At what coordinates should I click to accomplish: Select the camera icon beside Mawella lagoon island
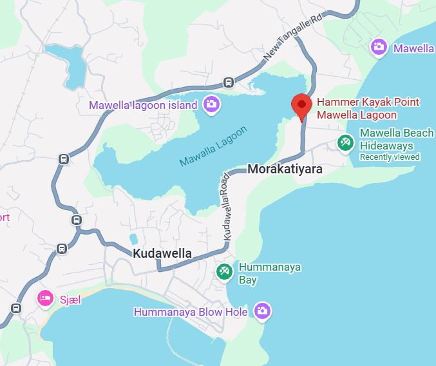[x=211, y=103]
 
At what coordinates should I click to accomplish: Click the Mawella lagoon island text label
[x=143, y=105]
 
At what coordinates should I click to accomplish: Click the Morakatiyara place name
[x=285, y=169]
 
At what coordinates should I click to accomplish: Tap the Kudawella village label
[x=162, y=253]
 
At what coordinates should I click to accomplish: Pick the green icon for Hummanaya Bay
[x=224, y=272]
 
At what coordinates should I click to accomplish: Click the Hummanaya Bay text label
[x=260, y=273]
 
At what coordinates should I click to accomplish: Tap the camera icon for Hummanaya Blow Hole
[x=261, y=311]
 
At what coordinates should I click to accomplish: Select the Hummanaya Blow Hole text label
[x=191, y=313]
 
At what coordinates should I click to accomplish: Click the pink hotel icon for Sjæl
[x=45, y=298]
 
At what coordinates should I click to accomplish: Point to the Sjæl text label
[x=70, y=299]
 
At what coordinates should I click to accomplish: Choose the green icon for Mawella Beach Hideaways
[x=345, y=142]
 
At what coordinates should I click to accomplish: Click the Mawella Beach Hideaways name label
[x=396, y=139]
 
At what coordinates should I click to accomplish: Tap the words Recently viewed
[x=389, y=157]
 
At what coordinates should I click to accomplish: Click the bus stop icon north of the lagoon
[x=228, y=82]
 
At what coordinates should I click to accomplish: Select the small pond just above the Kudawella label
[x=133, y=239]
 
